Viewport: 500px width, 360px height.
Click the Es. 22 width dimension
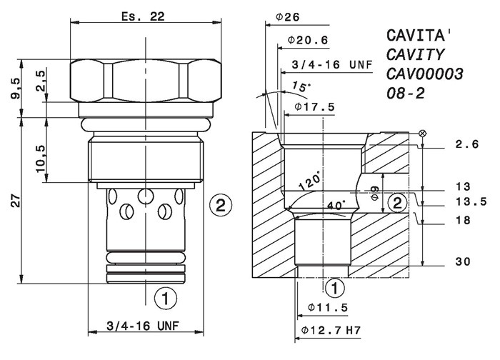coord(143,16)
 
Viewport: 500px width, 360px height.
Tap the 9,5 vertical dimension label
coord(16,89)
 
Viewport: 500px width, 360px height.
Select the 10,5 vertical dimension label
coord(41,159)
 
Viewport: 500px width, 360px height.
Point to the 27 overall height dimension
coord(16,200)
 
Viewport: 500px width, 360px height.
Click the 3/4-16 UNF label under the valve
coord(143,326)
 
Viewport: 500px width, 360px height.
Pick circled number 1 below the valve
coord(165,299)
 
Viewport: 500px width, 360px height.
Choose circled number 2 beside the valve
coord(221,205)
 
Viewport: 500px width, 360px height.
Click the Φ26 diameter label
coord(288,17)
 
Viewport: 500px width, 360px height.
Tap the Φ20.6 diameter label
coord(308,40)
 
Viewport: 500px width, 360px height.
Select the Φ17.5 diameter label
coord(314,106)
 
